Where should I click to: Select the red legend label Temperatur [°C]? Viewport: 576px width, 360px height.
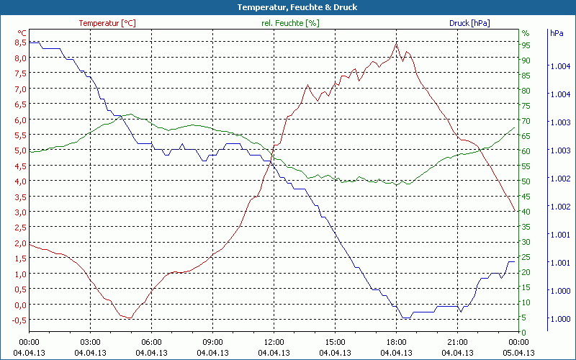click(107, 23)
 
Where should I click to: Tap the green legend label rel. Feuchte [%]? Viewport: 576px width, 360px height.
click(290, 23)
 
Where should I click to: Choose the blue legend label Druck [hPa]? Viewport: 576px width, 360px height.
click(469, 23)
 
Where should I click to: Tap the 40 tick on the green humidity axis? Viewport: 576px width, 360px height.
click(526, 212)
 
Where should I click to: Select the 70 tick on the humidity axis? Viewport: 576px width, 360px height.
click(526, 121)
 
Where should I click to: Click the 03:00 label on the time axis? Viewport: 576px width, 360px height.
click(91, 342)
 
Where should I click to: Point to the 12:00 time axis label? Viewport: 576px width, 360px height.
click(274, 342)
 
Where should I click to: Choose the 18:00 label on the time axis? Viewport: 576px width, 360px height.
click(397, 342)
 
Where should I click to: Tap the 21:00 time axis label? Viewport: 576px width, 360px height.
click(458, 342)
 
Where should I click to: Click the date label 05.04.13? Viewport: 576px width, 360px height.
click(519, 353)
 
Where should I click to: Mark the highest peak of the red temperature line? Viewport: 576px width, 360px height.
click(396, 44)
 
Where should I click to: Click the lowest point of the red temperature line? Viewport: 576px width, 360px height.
click(130, 318)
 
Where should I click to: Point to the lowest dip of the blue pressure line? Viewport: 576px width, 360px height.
click(406, 318)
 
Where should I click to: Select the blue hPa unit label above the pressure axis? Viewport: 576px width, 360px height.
click(557, 33)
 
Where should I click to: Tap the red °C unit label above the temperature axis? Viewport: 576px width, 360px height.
click(22, 33)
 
